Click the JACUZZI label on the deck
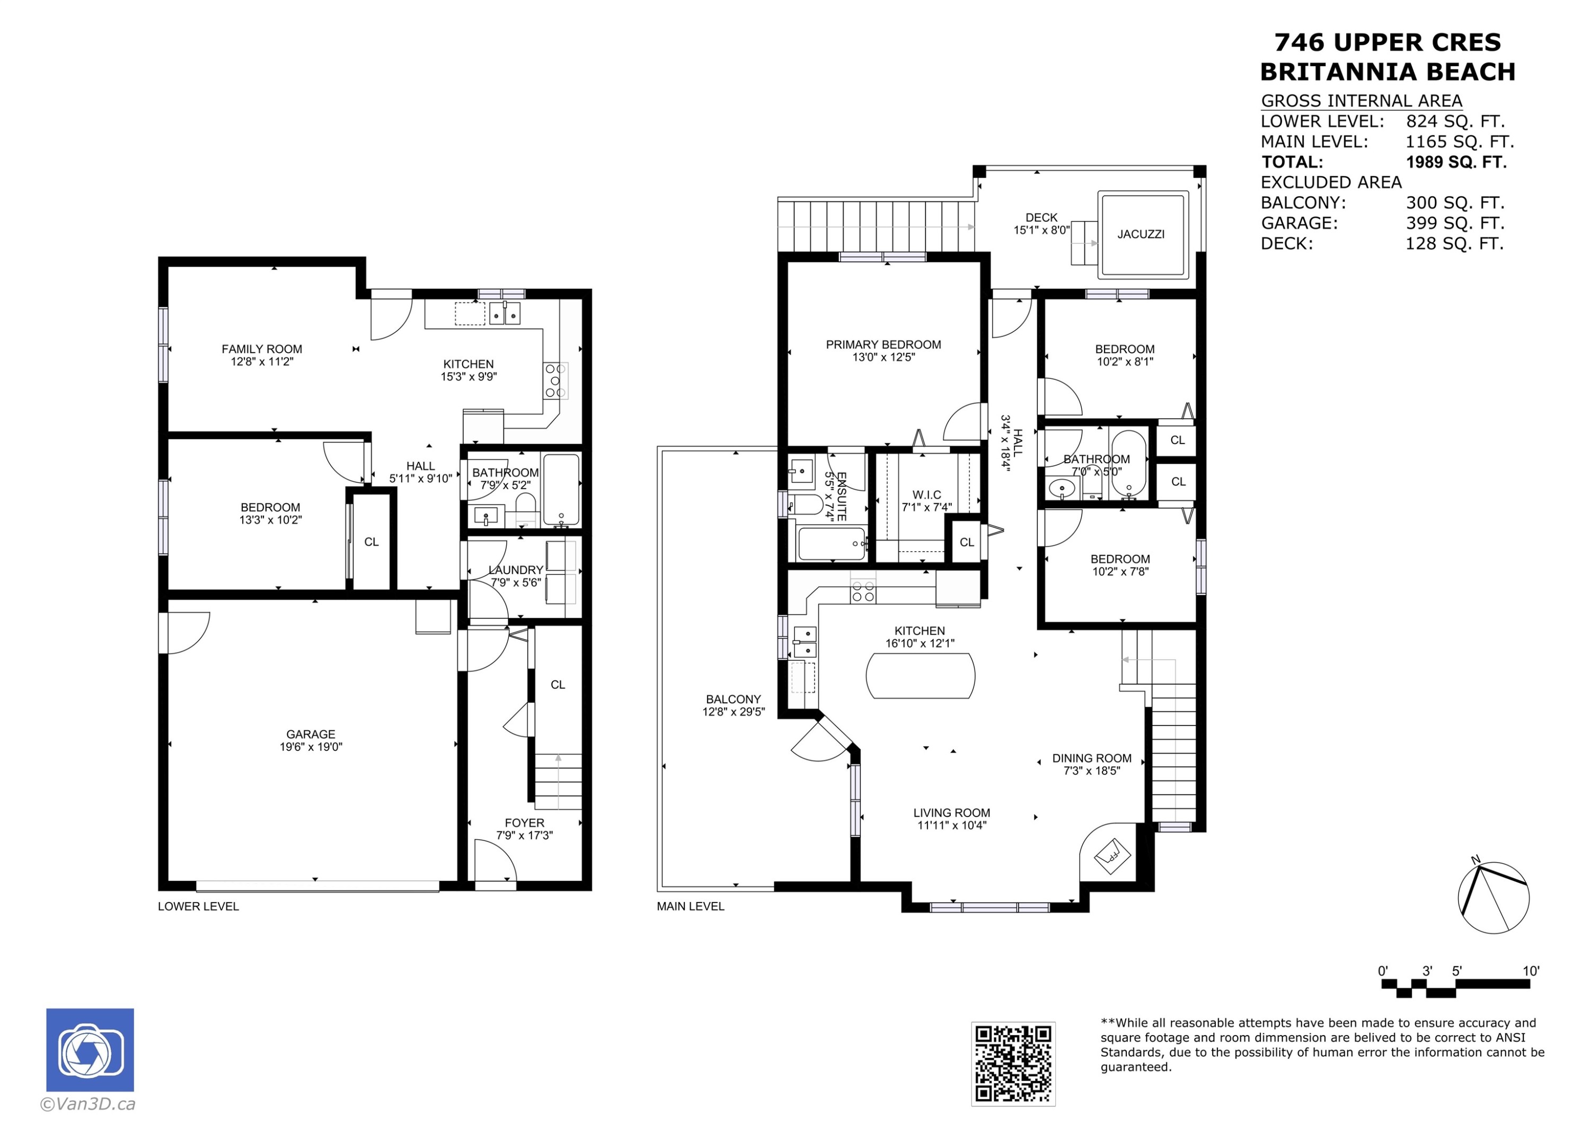coord(1140,234)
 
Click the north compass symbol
coord(1493,898)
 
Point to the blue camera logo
coord(90,1050)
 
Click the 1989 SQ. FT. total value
coord(1456,162)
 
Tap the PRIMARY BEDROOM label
coord(883,344)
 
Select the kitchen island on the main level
coord(920,675)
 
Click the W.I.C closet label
coord(926,494)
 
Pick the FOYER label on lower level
coord(524,823)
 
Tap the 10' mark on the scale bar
coord(1531,971)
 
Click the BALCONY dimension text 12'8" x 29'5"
coord(734,711)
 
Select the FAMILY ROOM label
coord(262,349)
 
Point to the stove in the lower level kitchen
coord(555,381)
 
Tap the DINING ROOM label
coord(1091,758)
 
